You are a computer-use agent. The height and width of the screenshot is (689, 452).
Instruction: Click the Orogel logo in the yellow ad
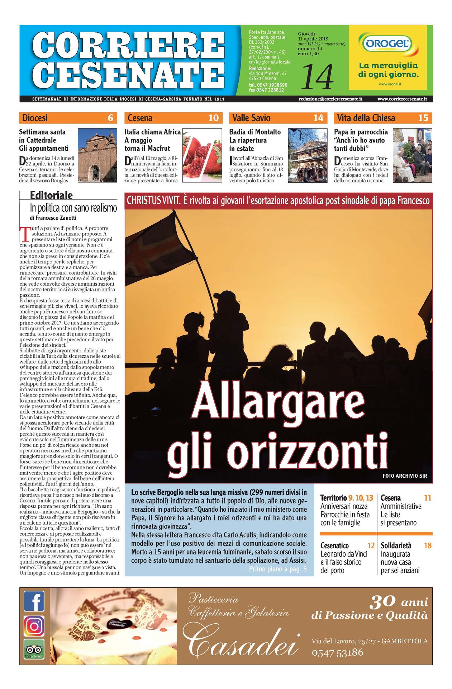click(387, 44)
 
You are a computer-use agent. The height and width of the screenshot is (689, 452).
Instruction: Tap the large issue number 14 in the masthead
click(317, 76)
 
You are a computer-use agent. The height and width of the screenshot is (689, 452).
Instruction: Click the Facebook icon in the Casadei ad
click(34, 601)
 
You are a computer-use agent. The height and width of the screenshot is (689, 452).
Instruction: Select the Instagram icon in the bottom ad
click(34, 626)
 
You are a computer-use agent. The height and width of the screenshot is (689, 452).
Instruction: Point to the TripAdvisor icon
click(34, 649)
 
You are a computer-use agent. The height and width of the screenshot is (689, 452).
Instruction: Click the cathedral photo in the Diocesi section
click(97, 156)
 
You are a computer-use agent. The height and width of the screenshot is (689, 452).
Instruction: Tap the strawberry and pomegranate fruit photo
click(202, 156)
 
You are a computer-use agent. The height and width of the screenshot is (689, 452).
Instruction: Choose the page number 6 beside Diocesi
click(110, 118)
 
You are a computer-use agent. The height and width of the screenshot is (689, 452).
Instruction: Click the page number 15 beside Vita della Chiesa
click(423, 118)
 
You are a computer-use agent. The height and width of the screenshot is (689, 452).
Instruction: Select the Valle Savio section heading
click(251, 118)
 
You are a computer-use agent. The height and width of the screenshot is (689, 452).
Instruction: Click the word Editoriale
click(51, 195)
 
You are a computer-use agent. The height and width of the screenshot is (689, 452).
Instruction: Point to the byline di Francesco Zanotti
click(53, 218)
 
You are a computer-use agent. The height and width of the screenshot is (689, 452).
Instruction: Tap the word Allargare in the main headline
click(278, 401)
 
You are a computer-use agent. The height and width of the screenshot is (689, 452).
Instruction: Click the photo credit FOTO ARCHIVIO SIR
click(405, 476)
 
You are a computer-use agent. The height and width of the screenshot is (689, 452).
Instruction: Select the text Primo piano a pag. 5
click(278, 569)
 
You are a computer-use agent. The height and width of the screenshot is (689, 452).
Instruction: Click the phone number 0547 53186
click(337, 653)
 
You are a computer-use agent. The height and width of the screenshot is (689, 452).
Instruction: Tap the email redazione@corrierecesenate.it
click(330, 99)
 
